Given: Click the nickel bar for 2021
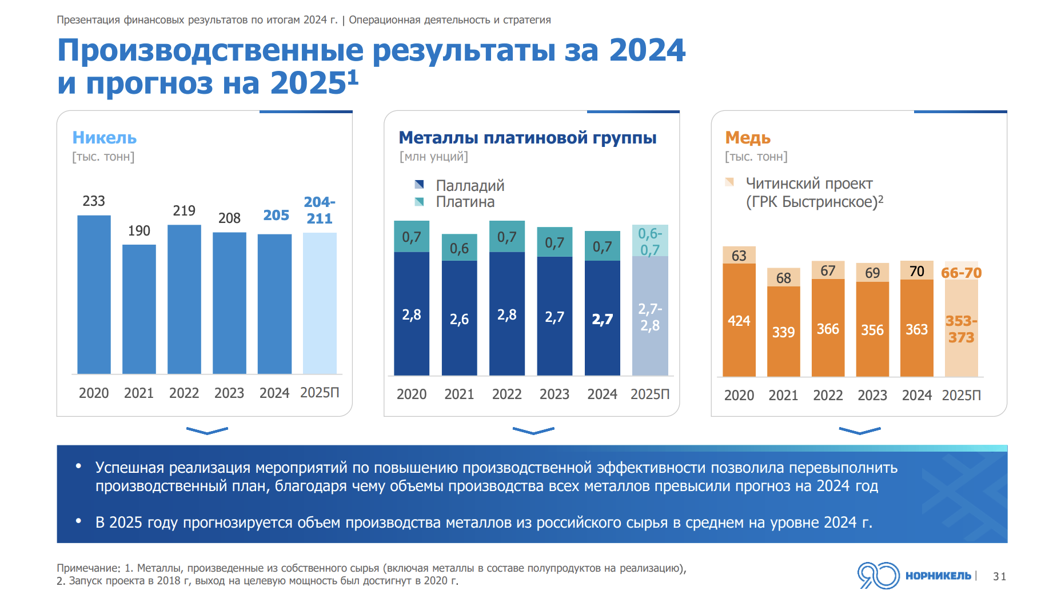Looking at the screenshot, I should point(139,309).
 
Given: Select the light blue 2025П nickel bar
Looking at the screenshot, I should point(320,303).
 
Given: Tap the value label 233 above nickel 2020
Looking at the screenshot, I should point(94,201).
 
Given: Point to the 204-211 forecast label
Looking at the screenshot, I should point(319,210).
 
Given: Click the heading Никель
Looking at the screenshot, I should point(104,138).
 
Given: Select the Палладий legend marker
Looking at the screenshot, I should point(419,185).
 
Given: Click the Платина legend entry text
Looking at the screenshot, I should point(465,202).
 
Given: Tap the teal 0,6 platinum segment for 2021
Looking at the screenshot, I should point(459,248).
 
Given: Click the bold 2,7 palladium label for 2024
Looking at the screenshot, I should point(602,319).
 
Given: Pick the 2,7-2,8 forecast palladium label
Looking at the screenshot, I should point(650,317).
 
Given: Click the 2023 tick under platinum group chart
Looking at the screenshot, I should point(554,394).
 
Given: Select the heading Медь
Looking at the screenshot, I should point(748,138).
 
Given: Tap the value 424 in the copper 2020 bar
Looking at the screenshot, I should point(739,321).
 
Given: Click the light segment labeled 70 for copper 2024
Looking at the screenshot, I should point(916,270).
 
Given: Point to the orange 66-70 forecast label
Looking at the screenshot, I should point(961,273).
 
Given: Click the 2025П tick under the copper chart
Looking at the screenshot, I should point(961,395).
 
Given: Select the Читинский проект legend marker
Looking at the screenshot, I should point(729,182).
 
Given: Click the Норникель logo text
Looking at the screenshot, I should point(938,576).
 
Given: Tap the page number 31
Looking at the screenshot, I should point(999,576).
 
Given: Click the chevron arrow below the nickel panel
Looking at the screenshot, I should point(207,430).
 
